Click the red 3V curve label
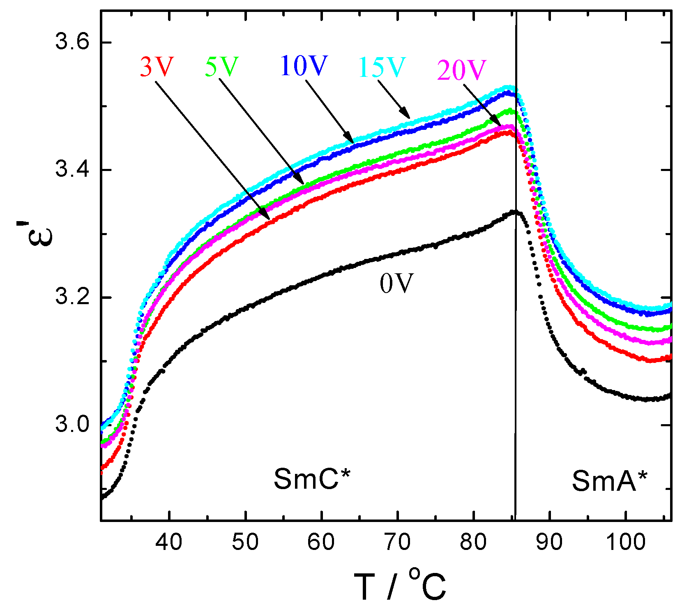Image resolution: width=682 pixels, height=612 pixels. tap(157, 67)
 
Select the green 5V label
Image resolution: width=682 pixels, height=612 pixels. tap(221, 66)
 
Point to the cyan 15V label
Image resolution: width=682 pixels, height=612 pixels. tap(382, 67)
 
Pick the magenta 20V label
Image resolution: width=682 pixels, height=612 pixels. tap(461, 70)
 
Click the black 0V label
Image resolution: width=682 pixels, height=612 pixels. tap(396, 284)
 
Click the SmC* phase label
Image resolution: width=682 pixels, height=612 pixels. tap(312, 479)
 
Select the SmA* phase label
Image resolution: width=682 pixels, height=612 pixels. tap(609, 481)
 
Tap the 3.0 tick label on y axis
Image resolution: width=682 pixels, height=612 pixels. tap(72, 424)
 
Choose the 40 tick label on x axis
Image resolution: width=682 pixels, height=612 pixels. tap(169, 542)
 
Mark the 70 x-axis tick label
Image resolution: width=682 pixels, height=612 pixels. tap(397, 542)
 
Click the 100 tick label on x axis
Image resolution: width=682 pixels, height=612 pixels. tap(626, 542)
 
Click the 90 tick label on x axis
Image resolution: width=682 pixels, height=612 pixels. tap(550, 542)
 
